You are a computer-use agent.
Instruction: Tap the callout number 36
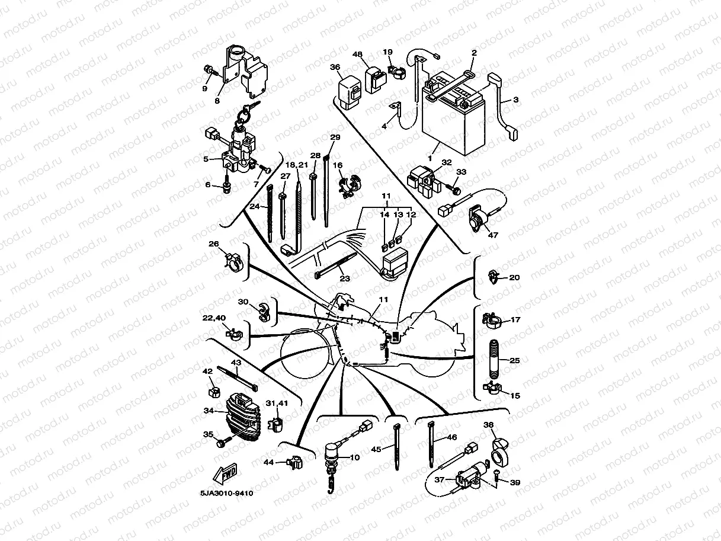(x=335, y=68)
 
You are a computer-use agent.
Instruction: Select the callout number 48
(x=357, y=55)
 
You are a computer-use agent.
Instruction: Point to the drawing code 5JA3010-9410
(x=222, y=493)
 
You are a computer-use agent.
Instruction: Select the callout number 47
(x=493, y=235)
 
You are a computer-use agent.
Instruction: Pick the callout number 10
(x=354, y=457)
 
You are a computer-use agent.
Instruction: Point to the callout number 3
(x=515, y=100)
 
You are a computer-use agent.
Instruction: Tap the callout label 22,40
(x=214, y=318)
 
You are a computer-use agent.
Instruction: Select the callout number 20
(x=514, y=277)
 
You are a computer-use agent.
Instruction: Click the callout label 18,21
(x=297, y=164)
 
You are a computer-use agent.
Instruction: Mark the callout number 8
(x=217, y=101)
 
